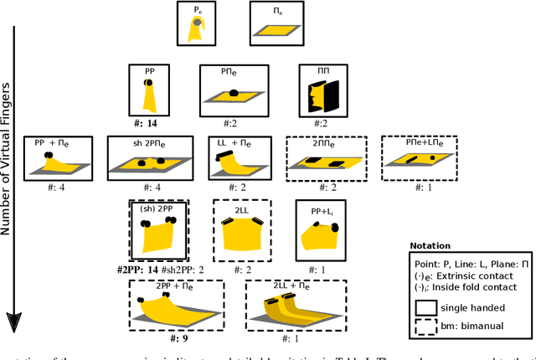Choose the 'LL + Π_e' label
pos(232,143)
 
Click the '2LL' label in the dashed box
pos(240,212)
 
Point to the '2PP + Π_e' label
pos(174,286)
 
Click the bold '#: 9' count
pos(174,340)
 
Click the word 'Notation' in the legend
pos(431,247)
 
